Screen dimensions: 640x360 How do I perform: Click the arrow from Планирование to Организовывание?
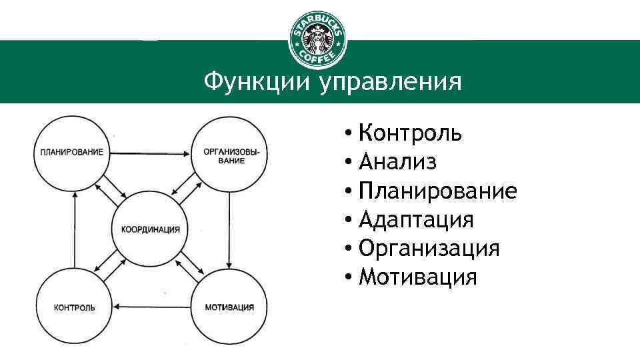pos(150,154)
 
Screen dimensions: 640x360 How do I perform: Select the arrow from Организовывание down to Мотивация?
pos(229,231)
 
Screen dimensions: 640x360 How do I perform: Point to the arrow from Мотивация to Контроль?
pos(152,307)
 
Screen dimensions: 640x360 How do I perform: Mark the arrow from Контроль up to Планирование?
pos(74,230)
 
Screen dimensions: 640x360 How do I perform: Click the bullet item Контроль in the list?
pos(410,133)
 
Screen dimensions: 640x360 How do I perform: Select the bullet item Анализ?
pos(397,161)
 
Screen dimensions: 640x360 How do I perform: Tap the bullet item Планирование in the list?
pos(437,191)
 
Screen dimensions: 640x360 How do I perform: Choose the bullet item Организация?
pos(429,249)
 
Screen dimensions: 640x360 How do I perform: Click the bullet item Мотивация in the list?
pos(417,277)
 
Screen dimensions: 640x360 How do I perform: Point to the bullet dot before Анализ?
pos(348,162)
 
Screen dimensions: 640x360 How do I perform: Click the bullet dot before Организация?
pos(348,248)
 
